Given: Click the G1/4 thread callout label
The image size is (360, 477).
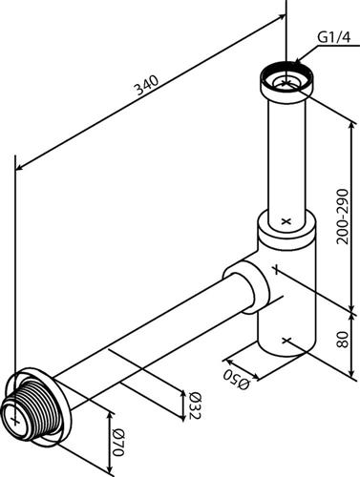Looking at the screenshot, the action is point(333,38).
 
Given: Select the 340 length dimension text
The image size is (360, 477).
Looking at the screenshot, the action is point(147,85).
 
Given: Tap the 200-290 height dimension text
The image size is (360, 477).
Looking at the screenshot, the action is point(343,217).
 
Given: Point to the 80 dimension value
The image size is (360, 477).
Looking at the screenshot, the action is point(343,340).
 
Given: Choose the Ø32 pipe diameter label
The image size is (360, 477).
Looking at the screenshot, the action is point(195,405).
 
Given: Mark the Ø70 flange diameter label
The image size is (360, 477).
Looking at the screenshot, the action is point(117,442).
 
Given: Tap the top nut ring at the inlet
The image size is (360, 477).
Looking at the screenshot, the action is point(287,79).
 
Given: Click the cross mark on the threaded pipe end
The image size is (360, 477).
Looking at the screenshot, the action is point(14,421).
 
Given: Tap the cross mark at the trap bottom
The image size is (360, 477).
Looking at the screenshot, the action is point(286,341).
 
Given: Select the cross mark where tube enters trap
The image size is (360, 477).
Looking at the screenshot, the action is point(286,221).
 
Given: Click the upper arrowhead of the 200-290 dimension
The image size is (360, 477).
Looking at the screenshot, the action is point(351,125).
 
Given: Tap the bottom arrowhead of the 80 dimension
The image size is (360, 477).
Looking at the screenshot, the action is point(351,373).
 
